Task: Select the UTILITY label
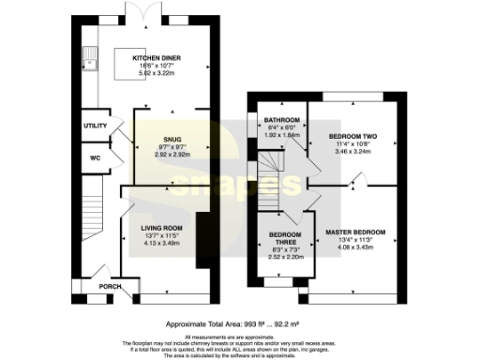96,126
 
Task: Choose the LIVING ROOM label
162,228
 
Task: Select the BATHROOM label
280,121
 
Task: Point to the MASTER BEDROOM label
354,232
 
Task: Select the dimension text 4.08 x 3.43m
354,247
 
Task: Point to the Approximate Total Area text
240,322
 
